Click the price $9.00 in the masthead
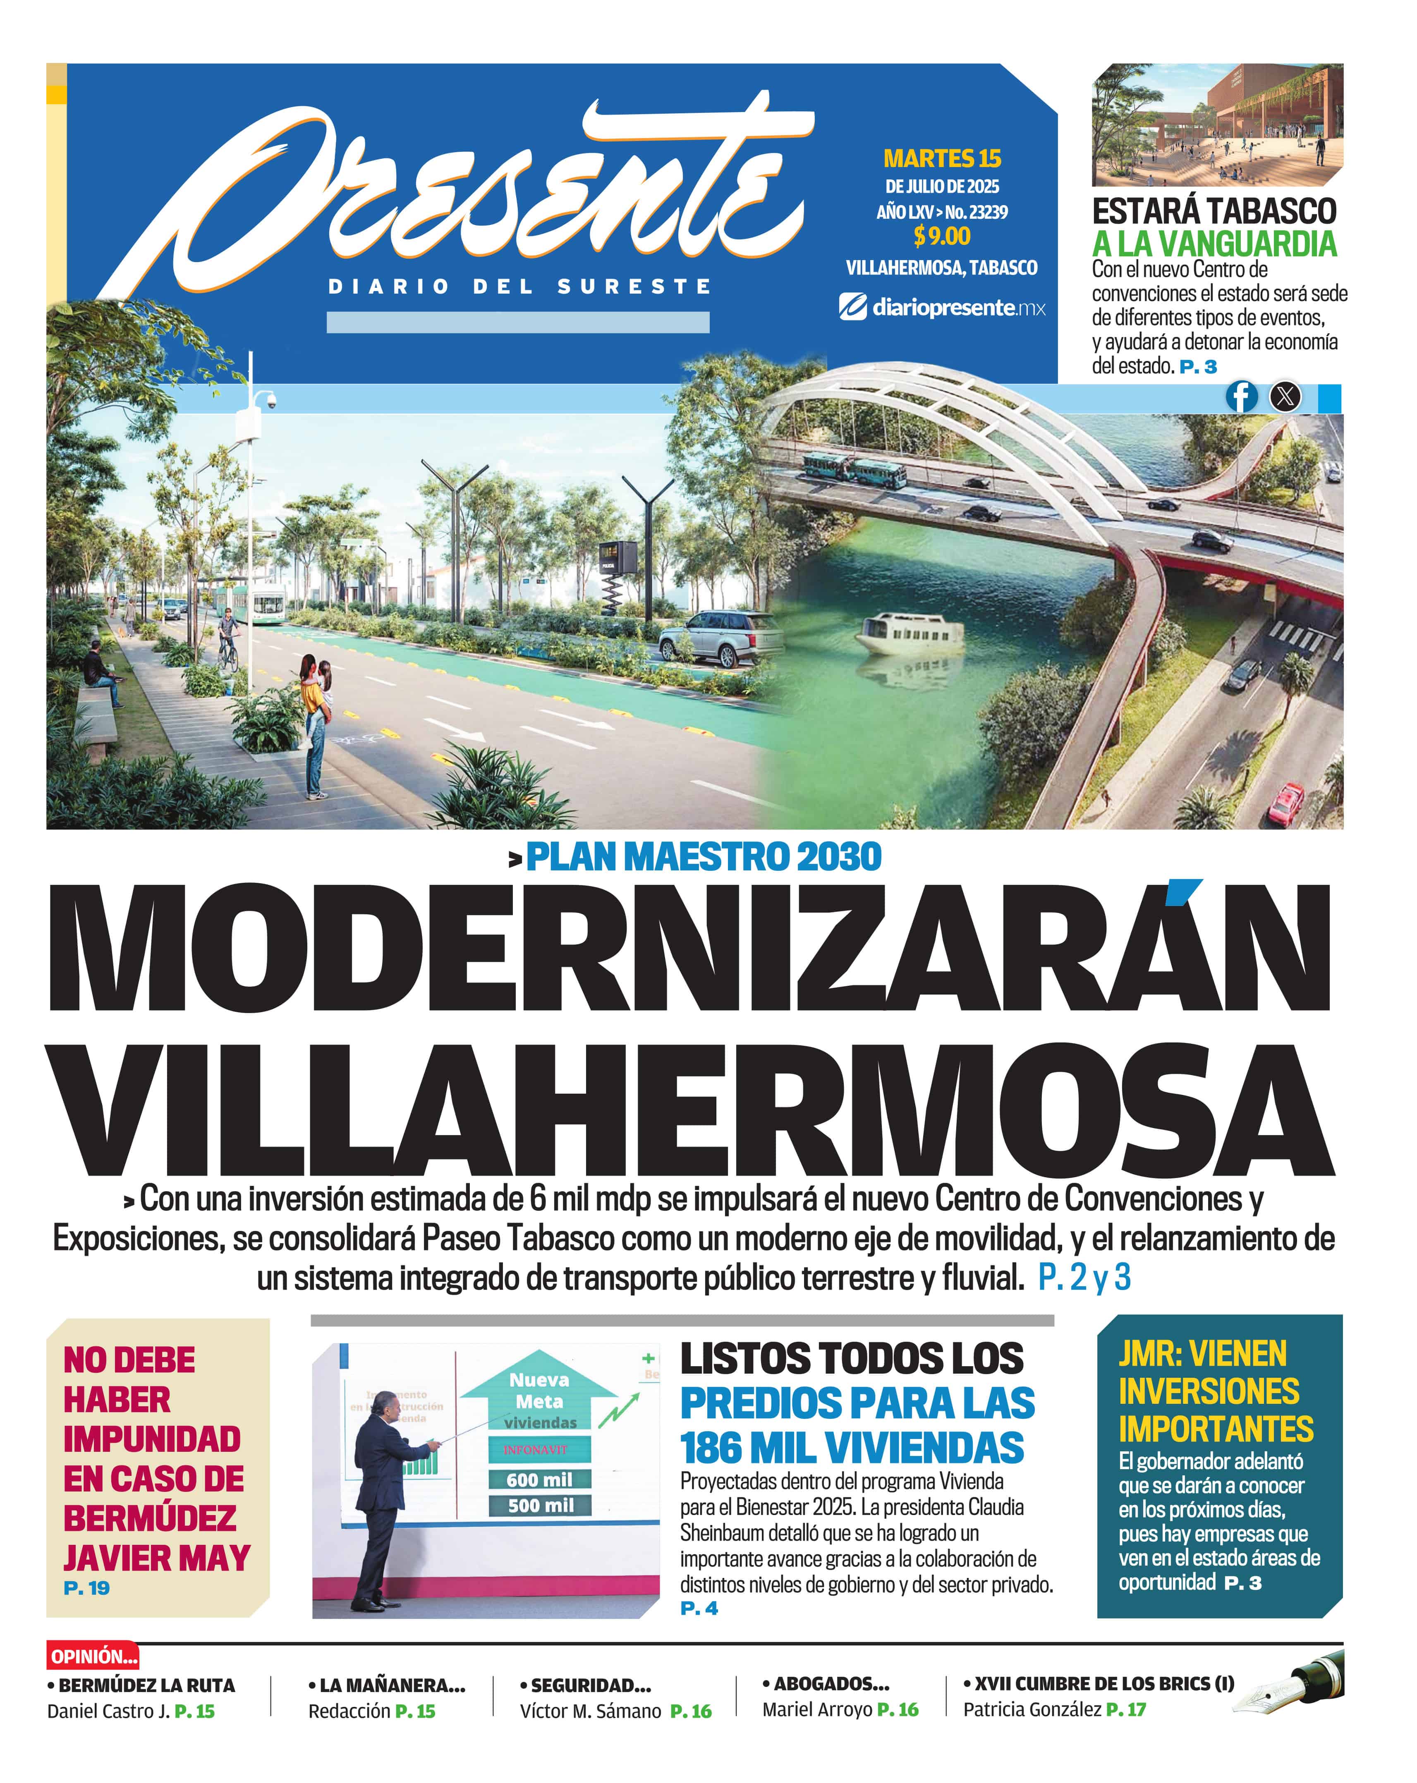coord(941,237)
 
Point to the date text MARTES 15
coord(941,158)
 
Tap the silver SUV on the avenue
coord(720,637)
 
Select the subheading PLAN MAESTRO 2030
coord(703,857)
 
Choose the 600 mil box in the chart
coord(539,1479)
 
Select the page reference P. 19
coord(86,1588)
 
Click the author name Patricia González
coord(1032,1709)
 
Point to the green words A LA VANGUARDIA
coord(1214,244)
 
